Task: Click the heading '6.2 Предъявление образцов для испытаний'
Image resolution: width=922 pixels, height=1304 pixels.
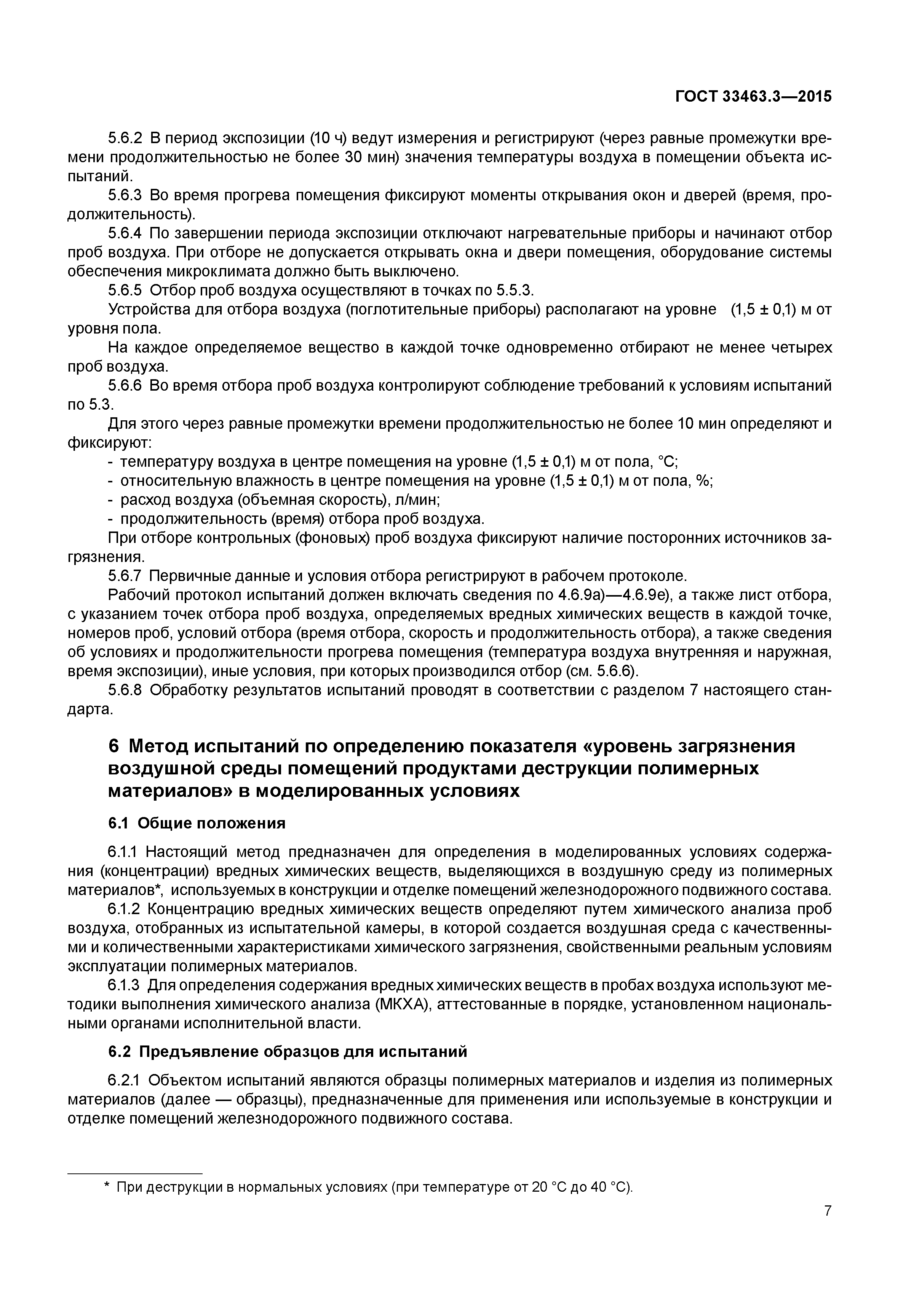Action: pyautogui.click(x=288, y=1051)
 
